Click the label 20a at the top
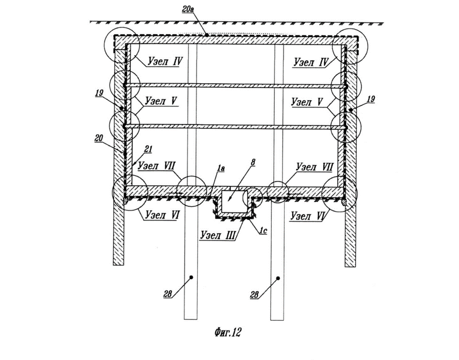pos(188,9)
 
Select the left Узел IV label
pos(165,62)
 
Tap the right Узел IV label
pos(311,62)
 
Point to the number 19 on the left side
pos(99,93)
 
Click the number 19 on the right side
pos(371,99)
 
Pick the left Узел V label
pos(162,101)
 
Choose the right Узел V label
pos(307,102)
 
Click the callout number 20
pos(99,138)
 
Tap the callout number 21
pos(148,149)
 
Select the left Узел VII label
pos(157,165)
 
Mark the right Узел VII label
pos(314,167)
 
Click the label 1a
pos(220,168)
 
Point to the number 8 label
pos(253,163)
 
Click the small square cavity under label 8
pos(234,202)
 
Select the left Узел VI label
pos(162,215)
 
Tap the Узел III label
pos(218,235)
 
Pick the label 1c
pos(263,231)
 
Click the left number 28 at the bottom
pos(168,294)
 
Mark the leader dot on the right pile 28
pos(278,278)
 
